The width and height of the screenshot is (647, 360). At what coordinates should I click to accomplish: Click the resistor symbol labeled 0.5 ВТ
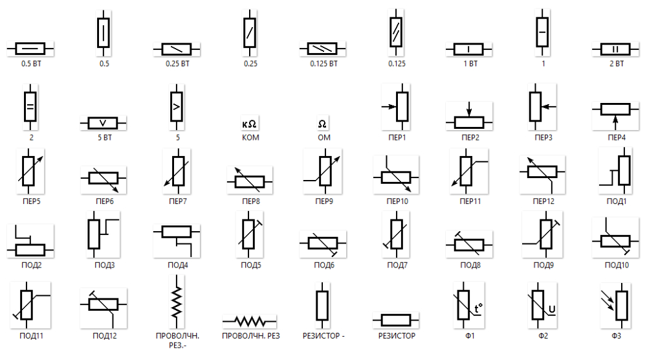point(30,49)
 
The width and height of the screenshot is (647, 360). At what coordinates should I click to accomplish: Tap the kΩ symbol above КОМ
point(250,123)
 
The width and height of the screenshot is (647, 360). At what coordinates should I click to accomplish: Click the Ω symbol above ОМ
point(322,123)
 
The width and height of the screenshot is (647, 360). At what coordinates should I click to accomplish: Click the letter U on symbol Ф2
point(552,308)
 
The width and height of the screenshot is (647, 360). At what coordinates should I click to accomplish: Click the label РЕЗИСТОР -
point(323,336)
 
